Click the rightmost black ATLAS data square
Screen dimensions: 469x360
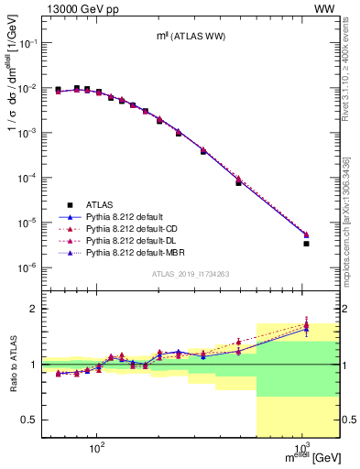tap(306, 244)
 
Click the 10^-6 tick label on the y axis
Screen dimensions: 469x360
tap(31, 267)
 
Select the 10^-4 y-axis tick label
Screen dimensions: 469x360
tap(31, 178)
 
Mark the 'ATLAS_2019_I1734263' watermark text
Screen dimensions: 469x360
tap(191, 274)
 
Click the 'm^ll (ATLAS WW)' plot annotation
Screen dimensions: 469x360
tap(191, 36)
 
